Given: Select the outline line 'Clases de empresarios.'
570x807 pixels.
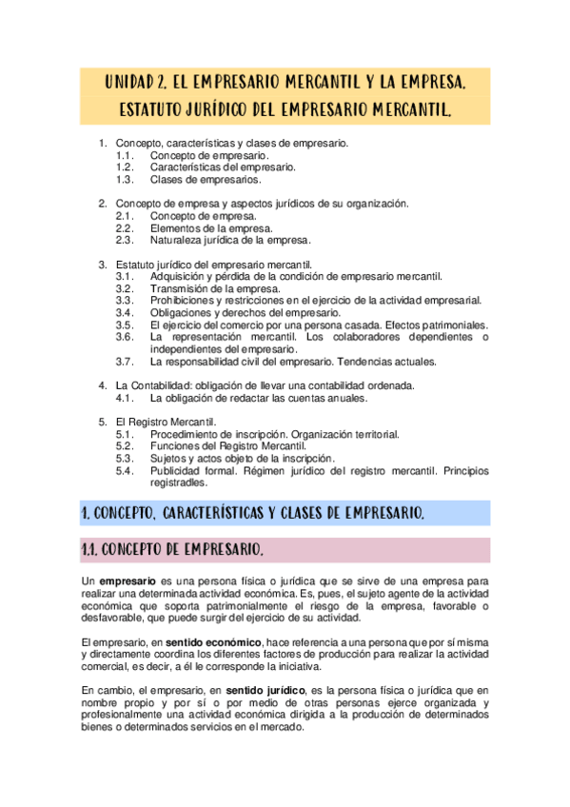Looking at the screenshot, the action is click(206, 179).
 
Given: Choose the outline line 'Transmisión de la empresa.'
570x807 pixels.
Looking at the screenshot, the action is click(215, 288).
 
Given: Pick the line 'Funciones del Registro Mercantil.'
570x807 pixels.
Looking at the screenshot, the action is click(228, 446).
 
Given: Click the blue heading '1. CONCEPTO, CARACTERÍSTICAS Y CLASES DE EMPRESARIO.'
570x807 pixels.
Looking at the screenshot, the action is click(253, 514).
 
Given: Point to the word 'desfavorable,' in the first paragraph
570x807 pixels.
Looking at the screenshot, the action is click(113, 617).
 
